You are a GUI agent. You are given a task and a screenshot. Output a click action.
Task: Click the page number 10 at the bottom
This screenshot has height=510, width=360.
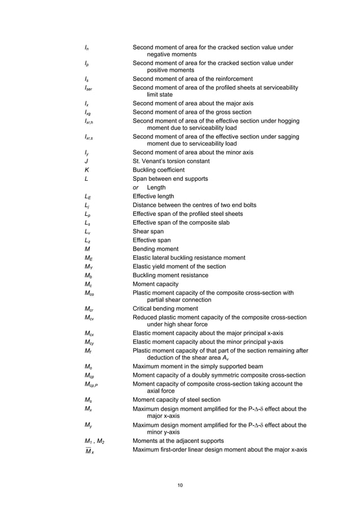(179, 485)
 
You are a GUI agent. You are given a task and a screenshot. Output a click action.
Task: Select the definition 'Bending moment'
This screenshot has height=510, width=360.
(155, 249)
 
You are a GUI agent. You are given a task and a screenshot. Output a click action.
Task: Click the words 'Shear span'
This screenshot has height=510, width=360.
(148, 231)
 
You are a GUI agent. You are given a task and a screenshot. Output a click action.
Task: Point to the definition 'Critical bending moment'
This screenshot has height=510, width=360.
(165, 308)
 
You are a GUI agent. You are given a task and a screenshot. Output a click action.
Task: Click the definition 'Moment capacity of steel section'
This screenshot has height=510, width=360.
(176, 399)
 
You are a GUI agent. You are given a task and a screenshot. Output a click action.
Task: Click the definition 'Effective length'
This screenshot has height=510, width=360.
(155, 196)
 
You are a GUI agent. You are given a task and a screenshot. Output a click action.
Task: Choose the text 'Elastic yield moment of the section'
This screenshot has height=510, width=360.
(179, 266)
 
